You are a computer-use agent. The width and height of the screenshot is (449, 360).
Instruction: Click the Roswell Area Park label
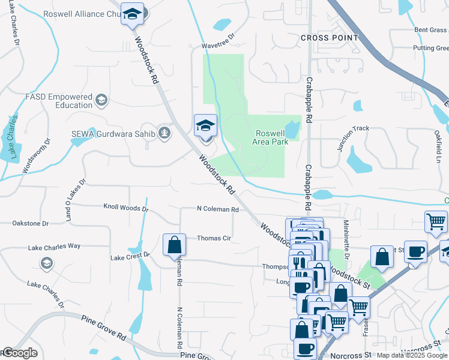[272, 137]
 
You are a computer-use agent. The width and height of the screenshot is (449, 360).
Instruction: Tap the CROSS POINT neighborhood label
[329, 38]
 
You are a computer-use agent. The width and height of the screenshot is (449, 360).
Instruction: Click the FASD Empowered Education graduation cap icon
[101, 100]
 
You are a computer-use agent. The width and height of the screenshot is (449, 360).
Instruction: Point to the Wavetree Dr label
[217, 45]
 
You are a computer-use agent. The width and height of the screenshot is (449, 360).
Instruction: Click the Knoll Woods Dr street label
[125, 208]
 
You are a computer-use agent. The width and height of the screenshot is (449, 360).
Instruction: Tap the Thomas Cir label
[214, 238]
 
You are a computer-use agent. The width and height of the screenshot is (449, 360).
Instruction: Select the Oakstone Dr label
[29, 223]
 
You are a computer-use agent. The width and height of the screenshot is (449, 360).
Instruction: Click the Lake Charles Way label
[54, 247]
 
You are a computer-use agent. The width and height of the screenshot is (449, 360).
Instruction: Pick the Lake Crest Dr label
[130, 256]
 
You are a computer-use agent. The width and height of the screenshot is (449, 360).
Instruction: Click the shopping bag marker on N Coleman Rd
[174, 245]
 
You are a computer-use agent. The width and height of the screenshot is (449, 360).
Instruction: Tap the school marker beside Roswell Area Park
[205, 125]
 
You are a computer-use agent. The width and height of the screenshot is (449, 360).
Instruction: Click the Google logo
[20, 353]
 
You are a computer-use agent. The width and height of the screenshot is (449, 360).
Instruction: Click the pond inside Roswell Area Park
[292, 129]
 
